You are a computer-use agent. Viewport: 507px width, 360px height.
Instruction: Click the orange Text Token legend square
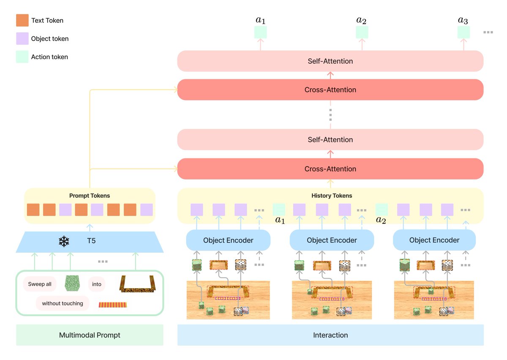tap(22, 20)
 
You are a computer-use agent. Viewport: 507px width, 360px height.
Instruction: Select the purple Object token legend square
tap(22, 38)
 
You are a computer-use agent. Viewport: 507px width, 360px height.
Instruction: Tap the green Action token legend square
tap(22, 57)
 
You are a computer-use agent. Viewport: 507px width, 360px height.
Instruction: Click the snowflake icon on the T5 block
tap(64, 241)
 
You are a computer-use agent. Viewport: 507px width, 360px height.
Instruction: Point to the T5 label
tap(91, 241)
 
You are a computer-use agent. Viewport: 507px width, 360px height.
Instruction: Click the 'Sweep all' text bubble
tap(40, 284)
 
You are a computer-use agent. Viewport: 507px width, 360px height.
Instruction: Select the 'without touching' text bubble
tap(63, 303)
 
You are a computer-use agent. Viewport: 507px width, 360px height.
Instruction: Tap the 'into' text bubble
tap(97, 284)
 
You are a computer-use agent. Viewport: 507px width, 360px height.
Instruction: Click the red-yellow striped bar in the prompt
tap(113, 305)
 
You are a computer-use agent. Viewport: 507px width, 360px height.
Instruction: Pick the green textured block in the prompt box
tap(72, 283)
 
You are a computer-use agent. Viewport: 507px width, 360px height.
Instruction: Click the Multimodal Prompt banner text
tap(90, 335)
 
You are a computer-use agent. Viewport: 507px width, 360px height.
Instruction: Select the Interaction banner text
tap(330, 335)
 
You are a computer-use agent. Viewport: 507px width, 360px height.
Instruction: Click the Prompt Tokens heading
tap(90, 196)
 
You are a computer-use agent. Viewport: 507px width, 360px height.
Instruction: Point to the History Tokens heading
tap(332, 196)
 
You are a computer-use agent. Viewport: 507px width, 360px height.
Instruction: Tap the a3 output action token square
tap(463, 32)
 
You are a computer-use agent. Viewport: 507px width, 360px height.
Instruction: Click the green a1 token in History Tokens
tap(279, 210)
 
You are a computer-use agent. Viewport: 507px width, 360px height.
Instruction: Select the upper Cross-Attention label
tap(330, 90)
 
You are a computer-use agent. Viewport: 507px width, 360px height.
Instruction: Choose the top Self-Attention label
tap(330, 61)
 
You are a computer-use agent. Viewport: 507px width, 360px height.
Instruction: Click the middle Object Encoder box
tap(332, 240)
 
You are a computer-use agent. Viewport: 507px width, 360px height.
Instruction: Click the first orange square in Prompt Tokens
tap(33, 210)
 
